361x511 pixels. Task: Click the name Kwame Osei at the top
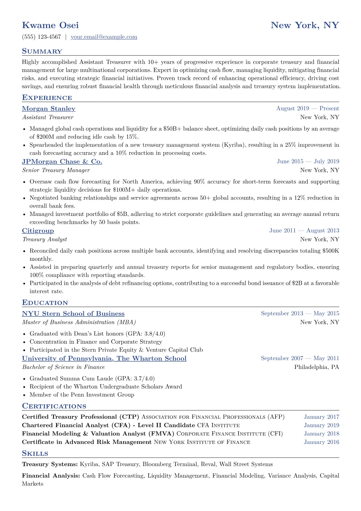(50, 25)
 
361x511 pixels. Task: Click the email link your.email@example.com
(104, 37)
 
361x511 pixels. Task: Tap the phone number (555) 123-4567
(42, 37)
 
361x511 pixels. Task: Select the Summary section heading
(42, 51)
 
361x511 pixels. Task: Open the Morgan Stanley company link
(49, 109)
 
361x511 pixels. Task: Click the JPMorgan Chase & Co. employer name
(62, 162)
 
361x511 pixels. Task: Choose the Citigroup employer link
(38, 231)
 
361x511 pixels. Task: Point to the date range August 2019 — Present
(307, 109)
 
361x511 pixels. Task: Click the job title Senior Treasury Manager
(56, 170)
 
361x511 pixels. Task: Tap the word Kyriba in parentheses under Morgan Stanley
(232, 145)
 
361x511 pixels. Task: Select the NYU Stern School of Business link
(73, 314)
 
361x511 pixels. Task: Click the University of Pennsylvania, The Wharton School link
(104, 359)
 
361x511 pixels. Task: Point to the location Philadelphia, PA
(316, 367)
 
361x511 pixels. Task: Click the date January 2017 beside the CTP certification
(321, 417)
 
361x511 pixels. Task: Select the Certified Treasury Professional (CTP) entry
(80, 417)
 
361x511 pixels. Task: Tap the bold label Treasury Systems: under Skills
(50, 465)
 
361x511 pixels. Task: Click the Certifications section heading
(54, 406)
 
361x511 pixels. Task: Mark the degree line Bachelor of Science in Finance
(63, 367)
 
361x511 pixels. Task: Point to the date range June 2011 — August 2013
(304, 231)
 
